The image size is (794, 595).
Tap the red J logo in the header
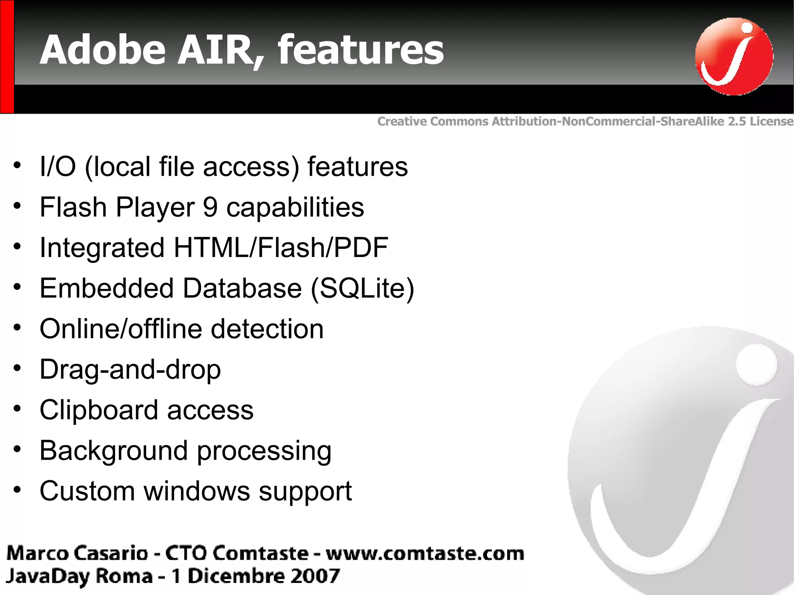click(x=734, y=57)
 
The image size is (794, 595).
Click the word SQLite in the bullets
click(x=362, y=288)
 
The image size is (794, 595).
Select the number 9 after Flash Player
click(x=210, y=207)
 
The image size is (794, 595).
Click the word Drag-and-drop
click(x=130, y=369)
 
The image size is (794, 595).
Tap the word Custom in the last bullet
click(x=87, y=491)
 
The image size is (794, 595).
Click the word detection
click(x=267, y=329)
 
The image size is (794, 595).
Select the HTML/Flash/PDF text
click(x=281, y=248)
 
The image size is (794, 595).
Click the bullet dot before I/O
click(x=17, y=166)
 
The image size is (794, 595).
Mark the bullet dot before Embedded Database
click(x=17, y=287)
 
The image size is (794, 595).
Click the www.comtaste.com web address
click(x=425, y=554)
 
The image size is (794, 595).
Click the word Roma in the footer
click(x=124, y=576)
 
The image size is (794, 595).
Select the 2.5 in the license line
click(x=737, y=121)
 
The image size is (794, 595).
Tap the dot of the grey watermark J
click(x=756, y=365)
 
